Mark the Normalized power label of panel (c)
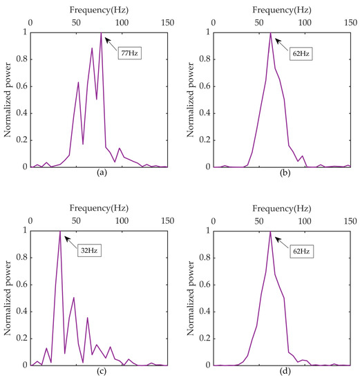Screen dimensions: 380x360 click(x=8, y=298)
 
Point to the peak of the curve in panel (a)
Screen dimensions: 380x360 click(x=102, y=32)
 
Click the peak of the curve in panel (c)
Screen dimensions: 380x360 click(x=61, y=231)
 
